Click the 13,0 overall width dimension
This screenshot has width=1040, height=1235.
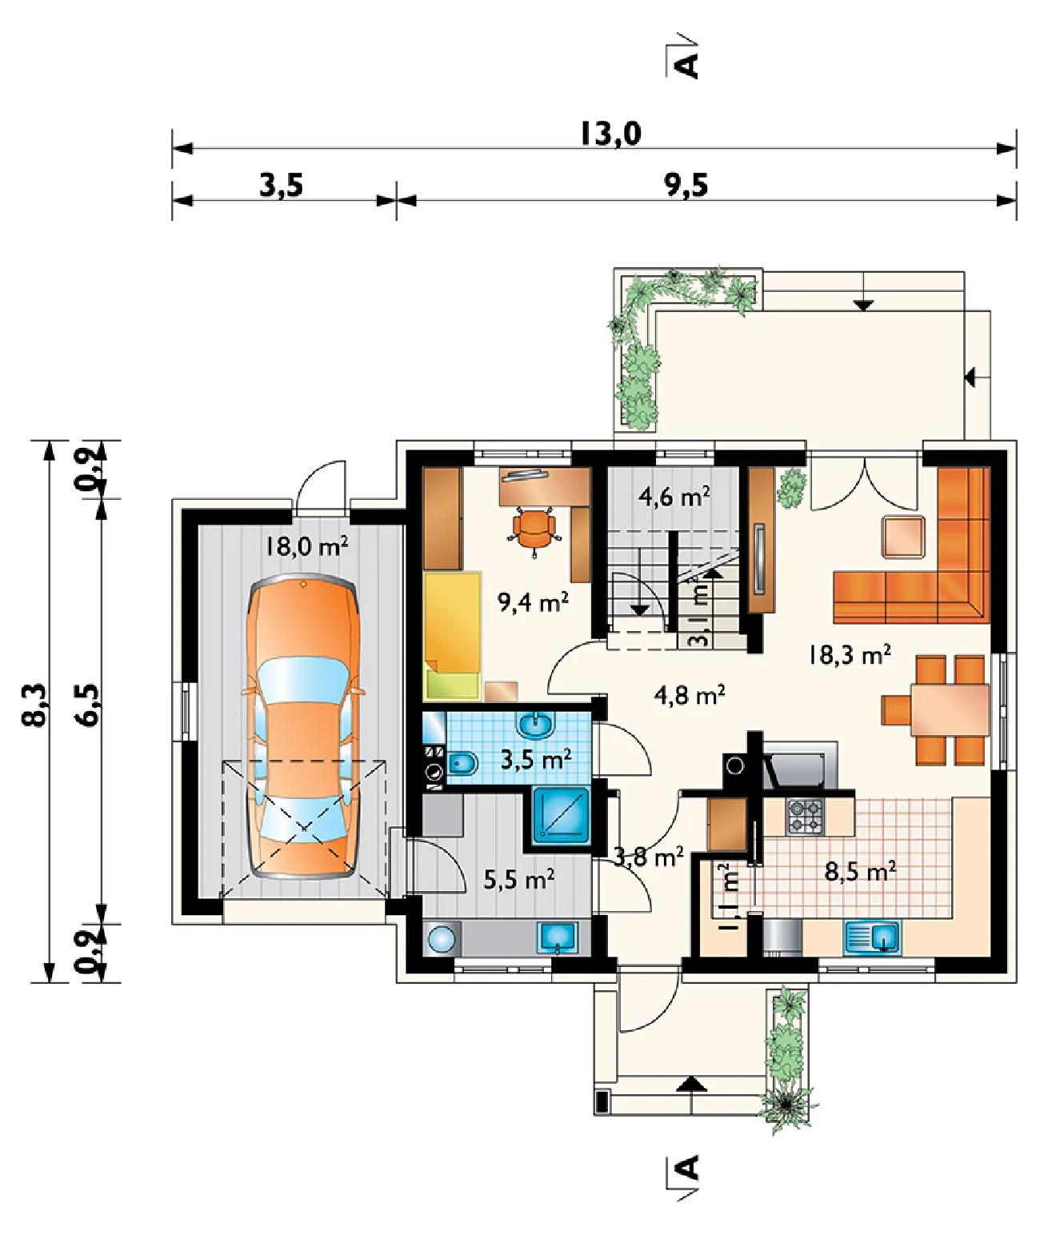tap(610, 134)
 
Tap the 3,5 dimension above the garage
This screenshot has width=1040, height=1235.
tap(281, 186)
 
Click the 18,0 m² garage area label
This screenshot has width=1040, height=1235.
tap(306, 546)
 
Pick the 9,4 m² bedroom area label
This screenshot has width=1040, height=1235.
tap(533, 602)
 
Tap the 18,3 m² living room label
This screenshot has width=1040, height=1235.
tap(850, 655)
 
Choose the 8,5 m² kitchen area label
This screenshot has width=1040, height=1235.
tap(860, 872)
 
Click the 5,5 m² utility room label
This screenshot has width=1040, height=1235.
tap(519, 880)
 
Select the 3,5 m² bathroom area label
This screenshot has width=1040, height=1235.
tap(536, 759)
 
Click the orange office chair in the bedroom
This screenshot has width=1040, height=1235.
tap(534, 528)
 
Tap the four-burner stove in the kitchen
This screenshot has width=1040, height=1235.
tap(804, 816)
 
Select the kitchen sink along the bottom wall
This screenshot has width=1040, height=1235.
tap(873, 937)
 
